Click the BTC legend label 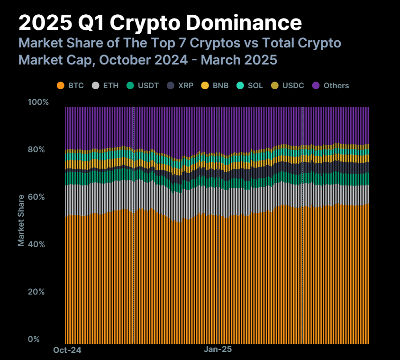click(76, 86)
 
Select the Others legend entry click(336, 86)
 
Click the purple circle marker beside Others click(316, 86)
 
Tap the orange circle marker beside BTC click(60, 86)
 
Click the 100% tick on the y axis click(38, 102)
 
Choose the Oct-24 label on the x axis click(67, 350)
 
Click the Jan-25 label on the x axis click(218, 350)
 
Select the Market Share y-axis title click(21, 220)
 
